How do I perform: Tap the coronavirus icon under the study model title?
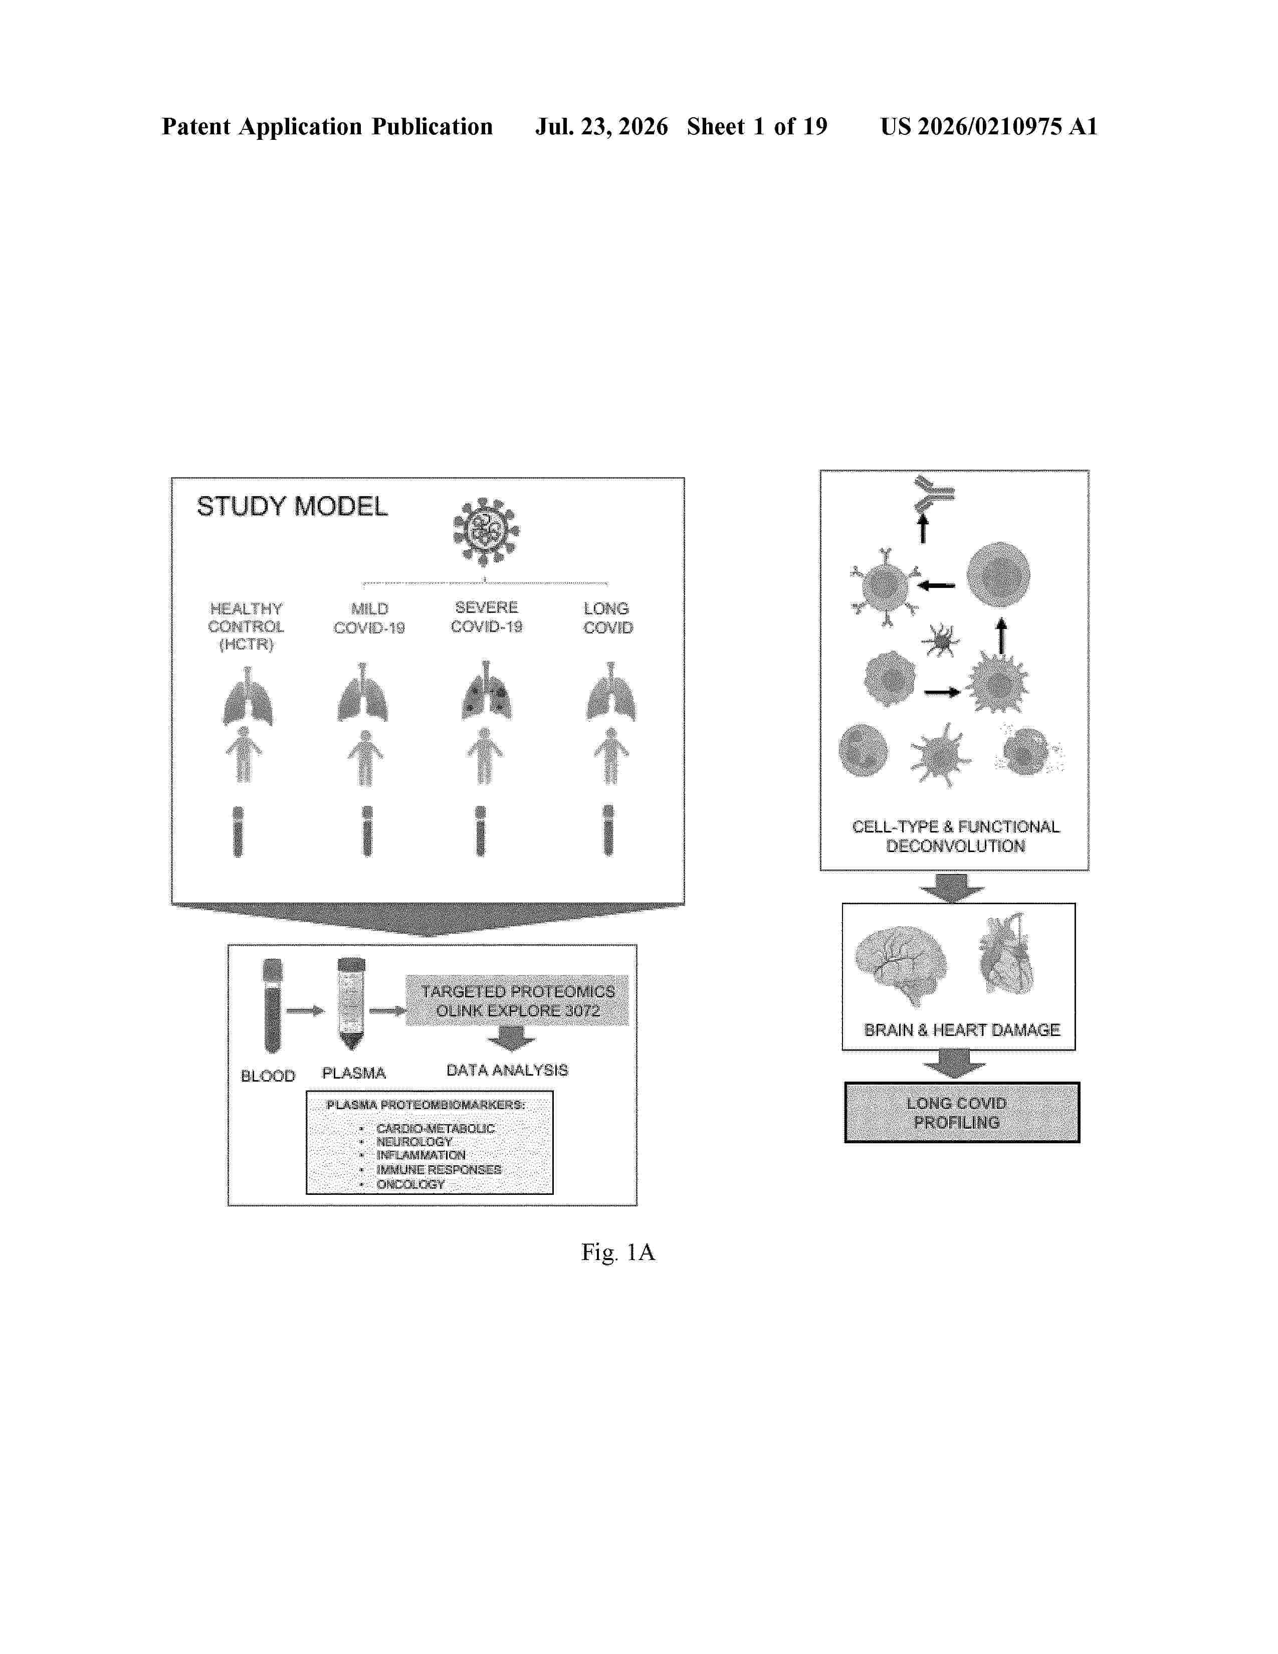pyautogui.click(x=486, y=532)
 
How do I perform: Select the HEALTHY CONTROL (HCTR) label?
pyautogui.click(x=246, y=627)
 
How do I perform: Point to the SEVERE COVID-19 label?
pyautogui.click(x=486, y=616)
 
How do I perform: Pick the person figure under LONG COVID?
pyautogui.click(x=610, y=756)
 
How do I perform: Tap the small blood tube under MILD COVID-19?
pyautogui.click(x=367, y=831)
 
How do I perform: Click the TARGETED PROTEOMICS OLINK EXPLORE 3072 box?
pyautogui.click(x=517, y=1000)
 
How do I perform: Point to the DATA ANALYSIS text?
pyautogui.click(x=507, y=1070)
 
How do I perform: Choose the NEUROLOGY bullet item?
pyautogui.click(x=414, y=1141)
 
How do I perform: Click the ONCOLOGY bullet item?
pyautogui.click(x=410, y=1184)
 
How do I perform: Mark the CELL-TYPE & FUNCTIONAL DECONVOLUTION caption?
pyautogui.click(x=955, y=836)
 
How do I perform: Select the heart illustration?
pyautogui.click(x=1006, y=954)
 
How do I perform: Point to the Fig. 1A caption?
pyautogui.click(x=618, y=1253)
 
